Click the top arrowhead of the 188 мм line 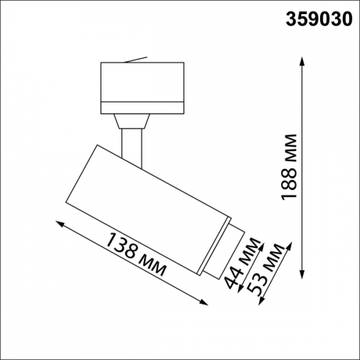[x=303, y=59]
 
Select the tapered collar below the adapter [x=131, y=121]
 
